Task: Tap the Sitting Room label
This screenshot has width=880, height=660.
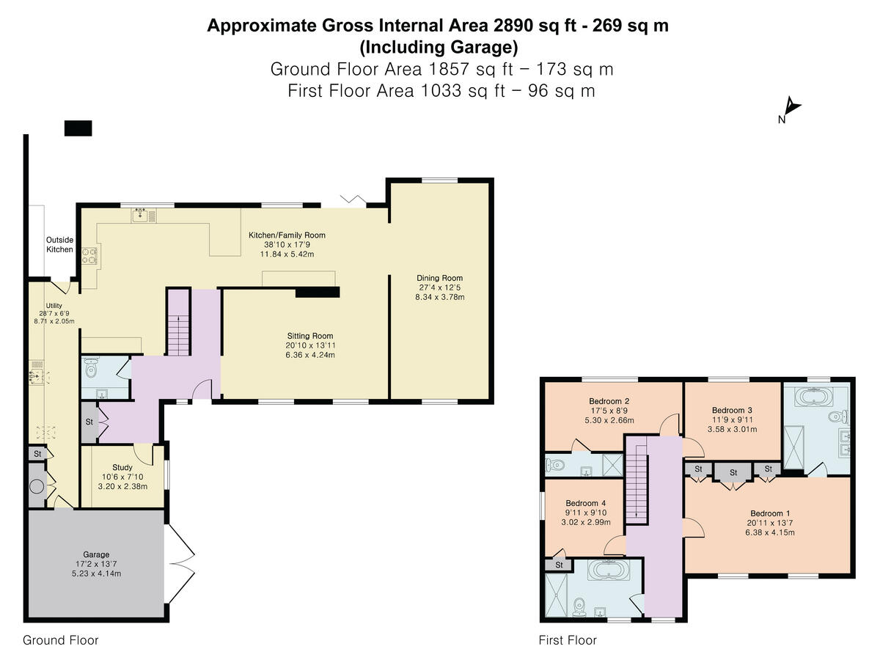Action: [310, 336]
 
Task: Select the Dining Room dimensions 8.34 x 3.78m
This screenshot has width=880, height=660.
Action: [440, 297]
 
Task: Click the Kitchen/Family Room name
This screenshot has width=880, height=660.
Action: [287, 235]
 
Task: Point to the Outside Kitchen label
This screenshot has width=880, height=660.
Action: [59, 244]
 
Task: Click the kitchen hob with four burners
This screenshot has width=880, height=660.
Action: [89, 257]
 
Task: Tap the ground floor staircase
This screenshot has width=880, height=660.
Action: [178, 323]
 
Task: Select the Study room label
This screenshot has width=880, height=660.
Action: [122, 467]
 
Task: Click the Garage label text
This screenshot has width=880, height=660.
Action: [96, 554]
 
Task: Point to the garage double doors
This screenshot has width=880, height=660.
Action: [180, 563]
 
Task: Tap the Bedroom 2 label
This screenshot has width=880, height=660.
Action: [609, 401]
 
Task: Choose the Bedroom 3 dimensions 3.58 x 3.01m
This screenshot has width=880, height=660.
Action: [732, 429]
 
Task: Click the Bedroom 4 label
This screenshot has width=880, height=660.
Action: [586, 503]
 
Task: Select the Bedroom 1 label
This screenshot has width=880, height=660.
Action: [770, 513]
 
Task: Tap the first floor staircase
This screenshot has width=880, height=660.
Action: [637, 480]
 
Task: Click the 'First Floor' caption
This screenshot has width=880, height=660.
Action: [568, 640]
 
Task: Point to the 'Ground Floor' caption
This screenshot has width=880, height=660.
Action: [61, 640]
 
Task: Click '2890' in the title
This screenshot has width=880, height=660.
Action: [513, 26]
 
